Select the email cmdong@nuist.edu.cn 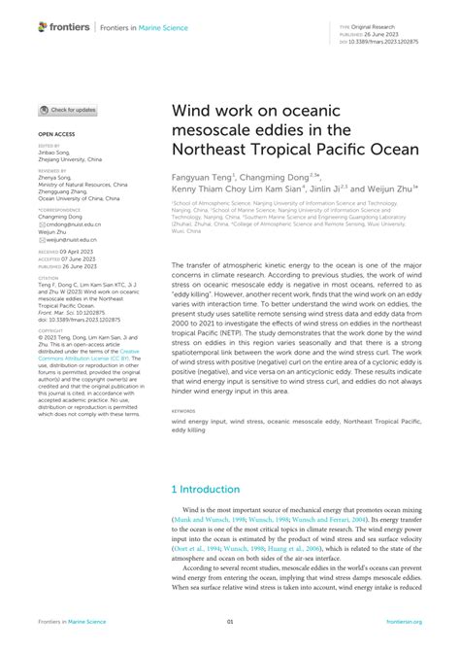[x=71, y=223]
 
